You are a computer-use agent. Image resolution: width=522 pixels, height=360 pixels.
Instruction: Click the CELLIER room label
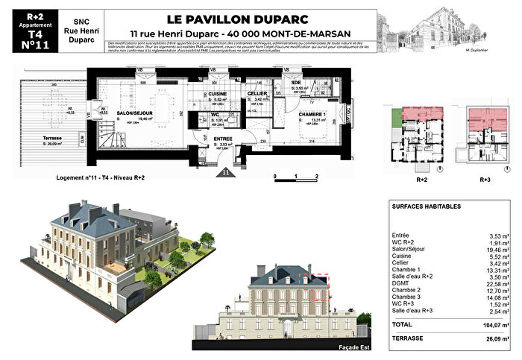[257, 93]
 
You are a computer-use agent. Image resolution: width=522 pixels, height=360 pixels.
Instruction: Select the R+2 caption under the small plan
[421, 180]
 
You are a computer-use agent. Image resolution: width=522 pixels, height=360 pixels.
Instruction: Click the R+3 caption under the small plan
[483, 180]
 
